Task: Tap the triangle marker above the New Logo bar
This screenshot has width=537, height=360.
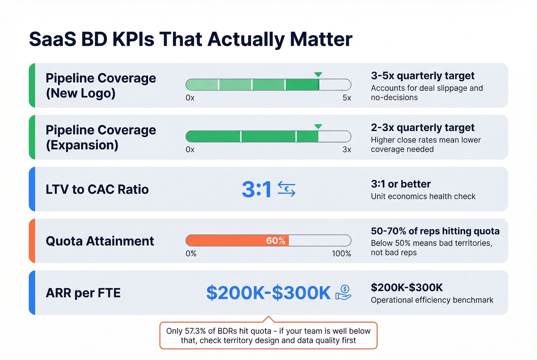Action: (318, 74)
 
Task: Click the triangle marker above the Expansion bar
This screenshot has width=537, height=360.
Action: (318, 127)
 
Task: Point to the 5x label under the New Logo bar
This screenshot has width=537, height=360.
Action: (347, 98)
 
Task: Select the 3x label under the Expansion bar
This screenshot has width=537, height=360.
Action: (347, 150)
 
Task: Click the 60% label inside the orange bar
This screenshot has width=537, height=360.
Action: (276, 240)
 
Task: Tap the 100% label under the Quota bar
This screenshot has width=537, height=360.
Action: (341, 253)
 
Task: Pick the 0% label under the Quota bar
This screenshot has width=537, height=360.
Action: (191, 253)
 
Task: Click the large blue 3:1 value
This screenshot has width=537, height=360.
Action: (257, 189)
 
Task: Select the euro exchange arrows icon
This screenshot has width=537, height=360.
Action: (287, 189)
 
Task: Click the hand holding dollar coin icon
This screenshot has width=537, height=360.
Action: (343, 293)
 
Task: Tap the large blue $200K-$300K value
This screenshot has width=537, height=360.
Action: (268, 293)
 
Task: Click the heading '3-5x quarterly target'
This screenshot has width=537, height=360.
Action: (423, 76)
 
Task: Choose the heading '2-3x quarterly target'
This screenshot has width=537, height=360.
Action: (423, 127)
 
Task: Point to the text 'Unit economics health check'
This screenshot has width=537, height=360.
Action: (423, 196)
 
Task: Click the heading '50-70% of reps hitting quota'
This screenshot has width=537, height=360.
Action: (435, 231)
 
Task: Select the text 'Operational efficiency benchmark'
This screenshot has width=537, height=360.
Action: (432, 300)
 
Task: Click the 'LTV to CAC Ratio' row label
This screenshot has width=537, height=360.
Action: (97, 189)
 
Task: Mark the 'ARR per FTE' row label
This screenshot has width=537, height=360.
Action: (83, 293)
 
